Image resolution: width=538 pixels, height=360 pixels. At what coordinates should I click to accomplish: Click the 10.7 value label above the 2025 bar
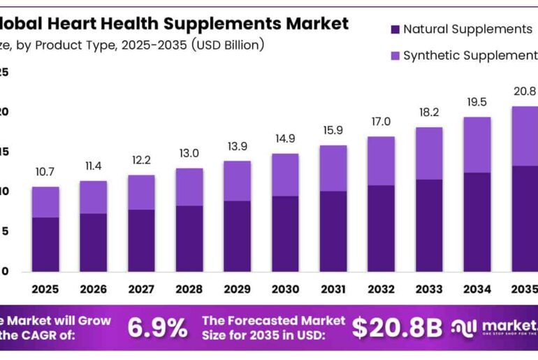click(x=45, y=172)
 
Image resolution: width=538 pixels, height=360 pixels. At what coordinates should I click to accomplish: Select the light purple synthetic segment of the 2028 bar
click(x=189, y=187)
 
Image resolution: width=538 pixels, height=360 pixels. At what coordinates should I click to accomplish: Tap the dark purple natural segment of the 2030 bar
click(x=285, y=233)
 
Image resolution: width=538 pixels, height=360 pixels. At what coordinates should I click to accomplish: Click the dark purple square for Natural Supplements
click(x=395, y=29)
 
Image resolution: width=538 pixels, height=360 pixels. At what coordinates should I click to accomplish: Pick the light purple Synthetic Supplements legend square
click(x=395, y=55)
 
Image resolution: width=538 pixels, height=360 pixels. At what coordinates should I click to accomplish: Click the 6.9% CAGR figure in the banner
click(x=157, y=327)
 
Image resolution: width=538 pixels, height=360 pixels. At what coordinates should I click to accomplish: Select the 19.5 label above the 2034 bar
click(x=477, y=102)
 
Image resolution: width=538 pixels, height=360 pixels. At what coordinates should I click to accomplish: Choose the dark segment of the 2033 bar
click(x=429, y=225)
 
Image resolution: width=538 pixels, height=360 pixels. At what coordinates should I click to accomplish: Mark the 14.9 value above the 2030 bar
click(x=285, y=138)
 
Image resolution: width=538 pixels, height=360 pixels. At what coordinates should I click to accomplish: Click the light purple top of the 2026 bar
click(x=93, y=197)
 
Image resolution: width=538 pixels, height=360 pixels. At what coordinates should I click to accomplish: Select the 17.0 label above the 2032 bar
click(x=381, y=122)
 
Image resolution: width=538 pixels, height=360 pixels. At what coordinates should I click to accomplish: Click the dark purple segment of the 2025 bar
click(x=45, y=244)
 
